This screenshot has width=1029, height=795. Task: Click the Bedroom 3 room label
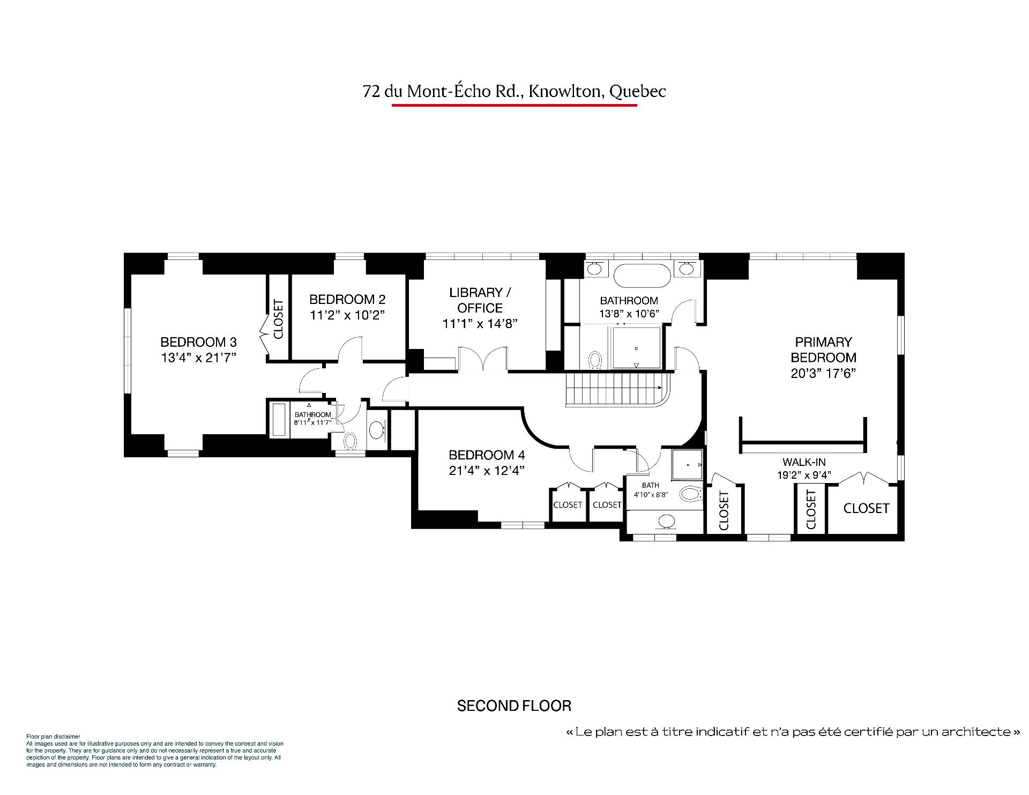(x=198, y=342)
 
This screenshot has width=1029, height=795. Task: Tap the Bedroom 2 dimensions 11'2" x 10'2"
(x=347, y=315)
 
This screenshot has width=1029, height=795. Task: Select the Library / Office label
(x=480, y=300)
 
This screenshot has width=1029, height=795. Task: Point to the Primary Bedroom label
(x=823, y=350)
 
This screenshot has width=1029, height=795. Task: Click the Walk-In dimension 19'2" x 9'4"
(x=804, y=475)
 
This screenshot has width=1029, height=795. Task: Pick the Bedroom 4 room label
(x=487, y=455)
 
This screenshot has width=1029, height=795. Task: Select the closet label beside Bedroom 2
(x=278, y=319)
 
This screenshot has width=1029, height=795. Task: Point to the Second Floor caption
(x=514, y=706)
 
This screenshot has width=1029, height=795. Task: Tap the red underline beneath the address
(x=514, y=105)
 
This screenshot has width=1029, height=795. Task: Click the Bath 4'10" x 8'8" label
(x=650, y=490)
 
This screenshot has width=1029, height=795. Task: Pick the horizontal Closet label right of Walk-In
(x=866, y=508)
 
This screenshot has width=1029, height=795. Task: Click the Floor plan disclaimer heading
(x=53, y=737)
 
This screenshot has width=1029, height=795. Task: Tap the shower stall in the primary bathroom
(x=636, y=348)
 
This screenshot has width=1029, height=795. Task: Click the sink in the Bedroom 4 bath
(x=667, y=520)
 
